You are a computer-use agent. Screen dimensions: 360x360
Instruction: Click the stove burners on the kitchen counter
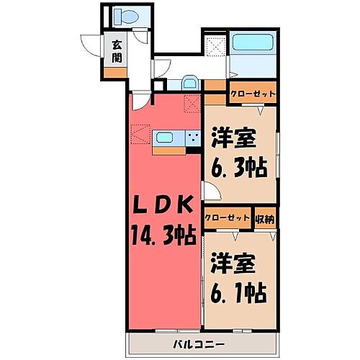pyautogui.click(x=193, y=136)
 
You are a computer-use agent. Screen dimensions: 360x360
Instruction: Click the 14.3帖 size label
pyautogui.click(x=163, y=235)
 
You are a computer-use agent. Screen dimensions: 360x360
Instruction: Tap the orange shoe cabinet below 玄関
pyautogui.click(x=114, y=73)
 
